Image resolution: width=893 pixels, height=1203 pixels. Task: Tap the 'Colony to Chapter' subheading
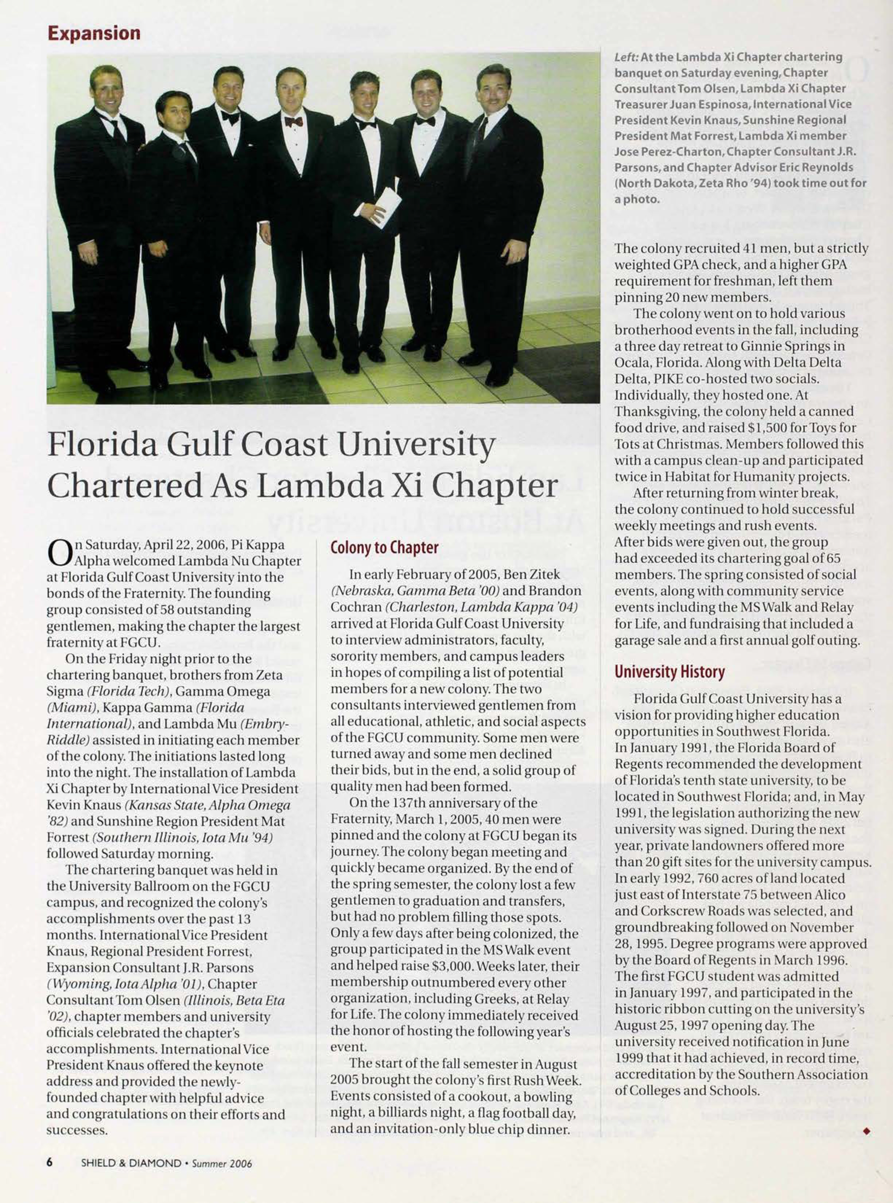pos(384,548)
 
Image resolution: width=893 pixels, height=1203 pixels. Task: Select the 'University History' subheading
pos(669,672)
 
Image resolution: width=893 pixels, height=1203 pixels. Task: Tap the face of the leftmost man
pos(106,89)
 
